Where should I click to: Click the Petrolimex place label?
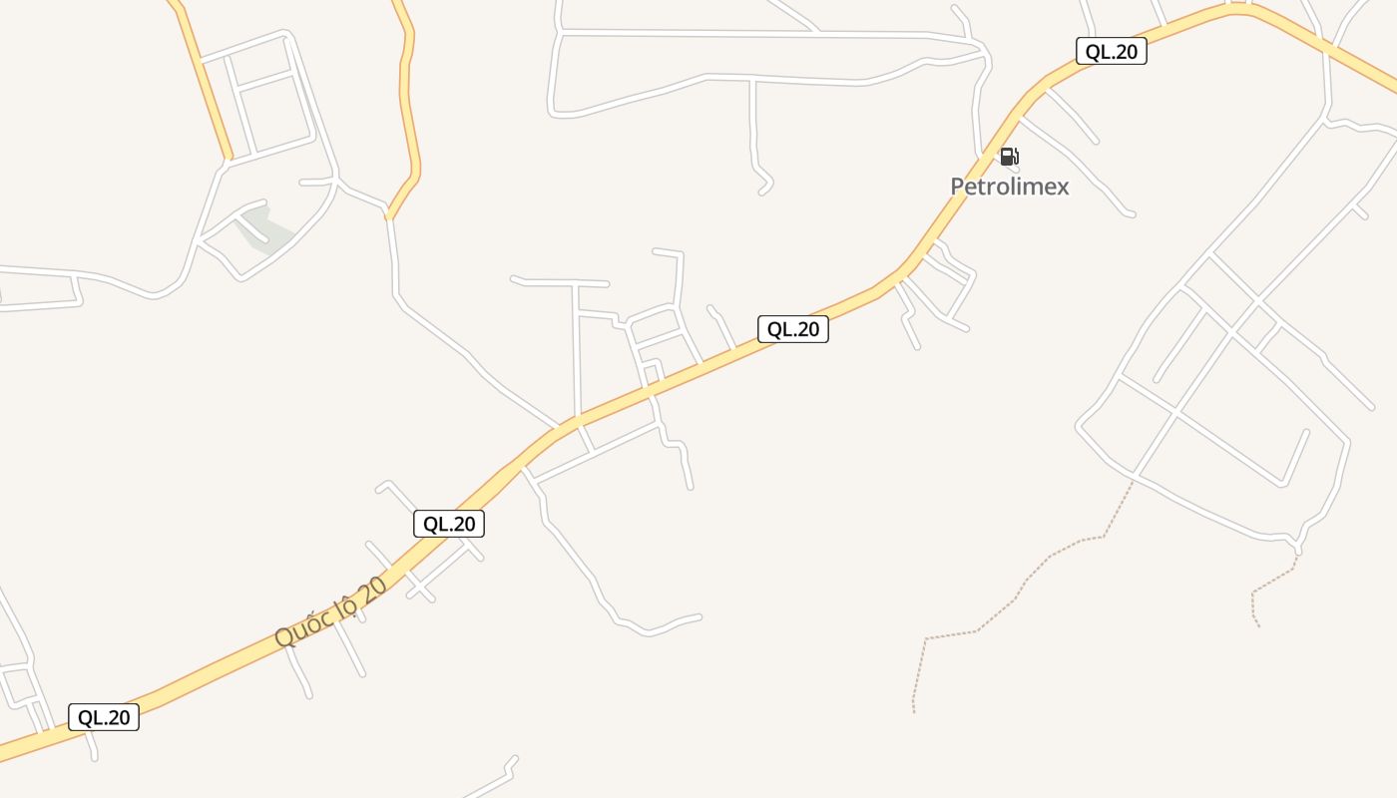coord(1009,187)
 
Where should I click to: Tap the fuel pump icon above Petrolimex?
coord(1009,157)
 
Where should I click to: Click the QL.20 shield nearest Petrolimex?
coord(1111,52)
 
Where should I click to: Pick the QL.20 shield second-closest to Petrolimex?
coord(793,329)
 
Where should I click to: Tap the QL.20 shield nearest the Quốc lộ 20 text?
coord(449,524)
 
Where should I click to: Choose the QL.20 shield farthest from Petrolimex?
coord(104,717)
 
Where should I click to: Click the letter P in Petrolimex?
coord(957,187)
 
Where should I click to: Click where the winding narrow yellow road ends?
coord(389,217)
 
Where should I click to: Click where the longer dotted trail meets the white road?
coord(1134,481)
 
